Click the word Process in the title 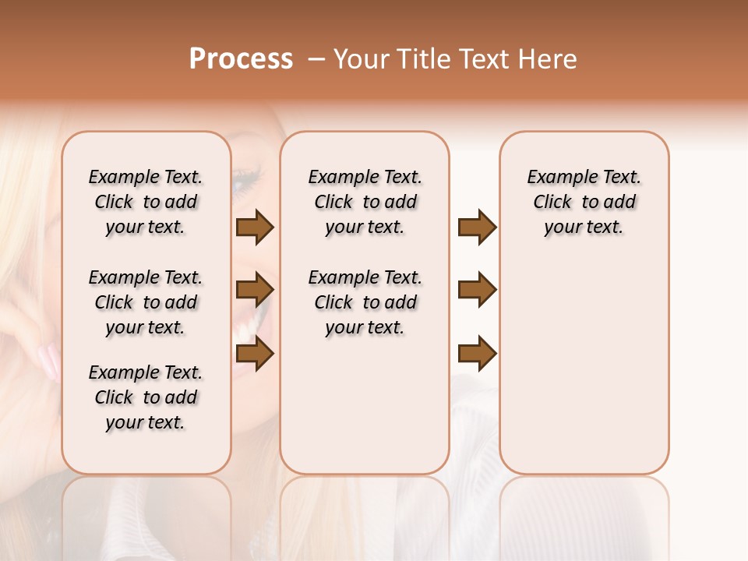[x=241, y=59]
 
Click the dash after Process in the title [x=316, y=60]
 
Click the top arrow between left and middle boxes [x=255, y=227]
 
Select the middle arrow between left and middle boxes [x=255, y=291]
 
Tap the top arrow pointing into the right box [x=477, y=227]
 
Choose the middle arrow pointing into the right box [x=477, y=290]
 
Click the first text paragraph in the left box [x=146, y=202]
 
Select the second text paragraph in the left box [x=146, y=302]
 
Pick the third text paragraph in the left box [x=146, y=397]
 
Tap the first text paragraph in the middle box [x=365, y=202]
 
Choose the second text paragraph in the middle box [x=365, y=302]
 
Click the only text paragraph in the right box [x=584, y=202]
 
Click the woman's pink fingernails [x=49, y=361]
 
